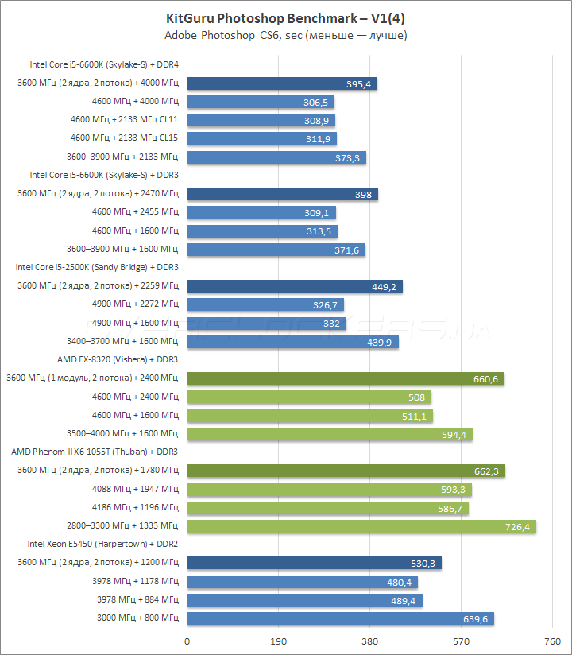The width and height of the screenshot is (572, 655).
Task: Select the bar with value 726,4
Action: pos(361,526)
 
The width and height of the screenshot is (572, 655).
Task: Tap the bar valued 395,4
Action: pos(282,83)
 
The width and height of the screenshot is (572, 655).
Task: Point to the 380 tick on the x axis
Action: pos(369,641)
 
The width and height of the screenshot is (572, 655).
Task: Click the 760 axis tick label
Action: pos(552,641)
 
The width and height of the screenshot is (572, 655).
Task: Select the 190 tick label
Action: pos(278,641)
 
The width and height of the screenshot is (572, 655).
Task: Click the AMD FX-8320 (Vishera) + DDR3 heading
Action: pos(118,359)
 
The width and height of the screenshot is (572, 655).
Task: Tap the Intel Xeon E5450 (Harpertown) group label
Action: pos(102,544)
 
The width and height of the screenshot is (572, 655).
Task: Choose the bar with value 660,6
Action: pos(346,378)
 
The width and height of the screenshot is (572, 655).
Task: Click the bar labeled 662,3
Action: pos(346,471)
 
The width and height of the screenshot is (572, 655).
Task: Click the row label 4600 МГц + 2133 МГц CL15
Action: pos(125,138)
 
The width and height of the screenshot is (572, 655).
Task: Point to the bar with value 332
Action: pos(266,323)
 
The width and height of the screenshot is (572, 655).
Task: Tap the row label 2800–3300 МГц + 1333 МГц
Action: pos(123,525)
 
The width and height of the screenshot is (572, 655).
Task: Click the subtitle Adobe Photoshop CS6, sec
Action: pos(286,37)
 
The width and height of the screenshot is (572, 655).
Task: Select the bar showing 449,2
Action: pos(295,286)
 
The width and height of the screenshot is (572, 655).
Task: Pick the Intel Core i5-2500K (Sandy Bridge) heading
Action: pos(97,267)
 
